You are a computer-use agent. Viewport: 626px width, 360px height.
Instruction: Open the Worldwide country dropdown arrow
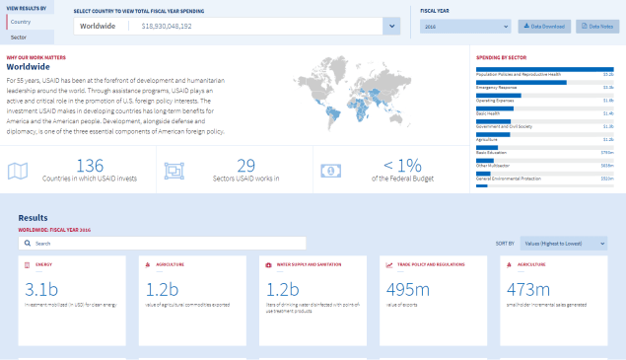pyautogui.click(x=391, y=26)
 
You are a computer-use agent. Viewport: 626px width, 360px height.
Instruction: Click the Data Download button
pyautogui.click(x=544, y=26)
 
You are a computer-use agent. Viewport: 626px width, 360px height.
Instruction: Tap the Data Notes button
pyautogui.click(x=598, y=26)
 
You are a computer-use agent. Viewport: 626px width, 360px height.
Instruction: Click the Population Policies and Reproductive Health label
pyautogui.click(x=519, y=74)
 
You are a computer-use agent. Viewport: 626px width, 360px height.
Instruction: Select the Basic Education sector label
pyautogui.click(x=493, y=152)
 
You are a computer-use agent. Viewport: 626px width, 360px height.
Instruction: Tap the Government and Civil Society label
pyautogui.click(x=505, y=126)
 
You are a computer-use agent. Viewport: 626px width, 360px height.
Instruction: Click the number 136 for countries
pyautogui.click(x=89, y=165)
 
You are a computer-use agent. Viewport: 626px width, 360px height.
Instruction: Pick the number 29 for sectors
pyautogui.click(x=245, y=165)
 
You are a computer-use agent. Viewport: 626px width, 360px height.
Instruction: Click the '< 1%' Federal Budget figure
pyautogui.click(x=402, y=165)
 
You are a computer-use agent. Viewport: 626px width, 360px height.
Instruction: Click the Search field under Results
pyautogui.click(x=163, y=243)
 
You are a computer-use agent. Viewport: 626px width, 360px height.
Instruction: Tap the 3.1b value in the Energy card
pyautogui.click(x=43, y=290)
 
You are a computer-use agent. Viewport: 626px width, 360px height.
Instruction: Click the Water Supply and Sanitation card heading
pyautogui.click(x=308, y=265)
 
